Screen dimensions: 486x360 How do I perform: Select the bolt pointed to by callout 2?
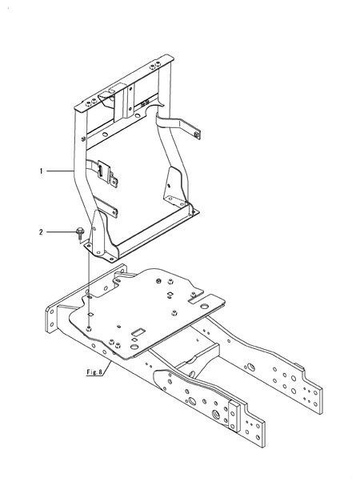point(78,232)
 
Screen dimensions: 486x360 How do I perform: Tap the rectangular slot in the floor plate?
point(139,330)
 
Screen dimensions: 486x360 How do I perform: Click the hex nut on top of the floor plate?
point(160,281)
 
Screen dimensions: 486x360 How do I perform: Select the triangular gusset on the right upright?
point(171,187)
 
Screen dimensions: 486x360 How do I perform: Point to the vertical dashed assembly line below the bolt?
point(86,280)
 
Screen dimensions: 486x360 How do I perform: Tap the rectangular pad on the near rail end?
point(234,416)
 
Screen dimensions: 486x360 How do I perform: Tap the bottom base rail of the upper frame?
point(152,236)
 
